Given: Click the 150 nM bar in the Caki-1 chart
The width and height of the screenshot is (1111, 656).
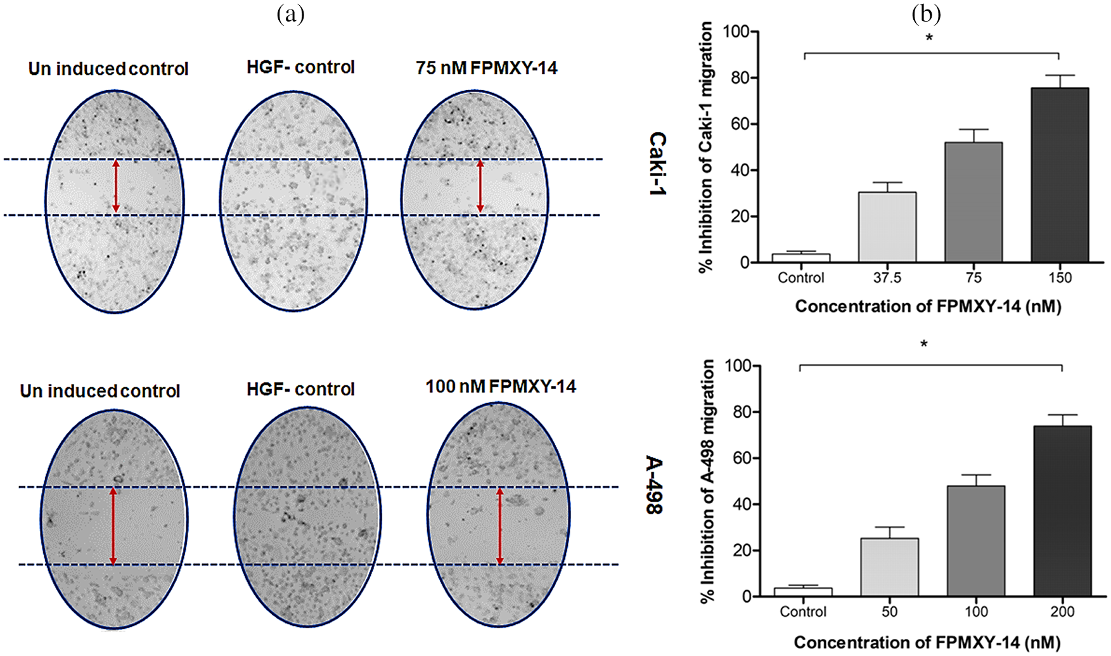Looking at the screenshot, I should [1060, 175].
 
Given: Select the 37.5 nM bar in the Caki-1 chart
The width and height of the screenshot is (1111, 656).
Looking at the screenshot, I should [887, 227].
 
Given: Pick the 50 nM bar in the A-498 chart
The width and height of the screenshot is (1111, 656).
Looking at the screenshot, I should [889, 567].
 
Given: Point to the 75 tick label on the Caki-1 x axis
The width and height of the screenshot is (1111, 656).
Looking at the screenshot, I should [973, 278].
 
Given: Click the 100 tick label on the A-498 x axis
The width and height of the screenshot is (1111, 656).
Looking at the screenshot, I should [976, 612].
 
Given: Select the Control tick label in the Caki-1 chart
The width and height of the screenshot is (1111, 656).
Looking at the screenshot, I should [801, 278].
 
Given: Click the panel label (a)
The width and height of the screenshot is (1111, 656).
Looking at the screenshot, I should [291, 13].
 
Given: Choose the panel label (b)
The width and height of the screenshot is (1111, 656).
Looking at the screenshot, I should [926, 13].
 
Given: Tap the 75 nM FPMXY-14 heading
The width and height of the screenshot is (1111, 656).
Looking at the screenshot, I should [486, 68].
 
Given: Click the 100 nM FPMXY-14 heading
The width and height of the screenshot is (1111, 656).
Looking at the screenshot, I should [500, 387].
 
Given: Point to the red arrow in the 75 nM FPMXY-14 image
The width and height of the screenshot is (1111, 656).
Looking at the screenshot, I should [480, 186].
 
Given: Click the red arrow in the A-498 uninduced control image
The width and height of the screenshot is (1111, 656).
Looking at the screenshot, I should [113, 525].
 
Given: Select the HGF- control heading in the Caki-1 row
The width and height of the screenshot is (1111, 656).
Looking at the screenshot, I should [300, 67].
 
